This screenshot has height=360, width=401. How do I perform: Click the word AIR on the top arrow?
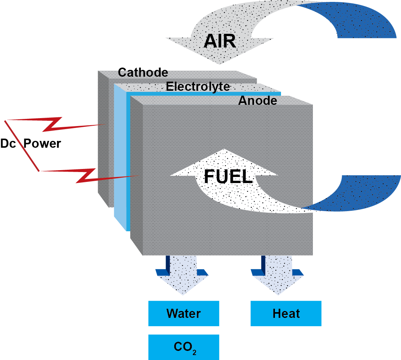219,41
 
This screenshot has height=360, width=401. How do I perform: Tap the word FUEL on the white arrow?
228,176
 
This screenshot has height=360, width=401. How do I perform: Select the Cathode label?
143,72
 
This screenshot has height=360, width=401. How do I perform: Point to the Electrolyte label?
198,87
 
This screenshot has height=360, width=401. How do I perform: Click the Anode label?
257,101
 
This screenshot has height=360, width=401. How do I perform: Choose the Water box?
183,314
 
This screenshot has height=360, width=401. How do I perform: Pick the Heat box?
286,314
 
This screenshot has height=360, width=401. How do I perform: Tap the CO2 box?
183,347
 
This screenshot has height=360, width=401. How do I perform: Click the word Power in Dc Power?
42,144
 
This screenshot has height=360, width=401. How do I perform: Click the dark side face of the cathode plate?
103,137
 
